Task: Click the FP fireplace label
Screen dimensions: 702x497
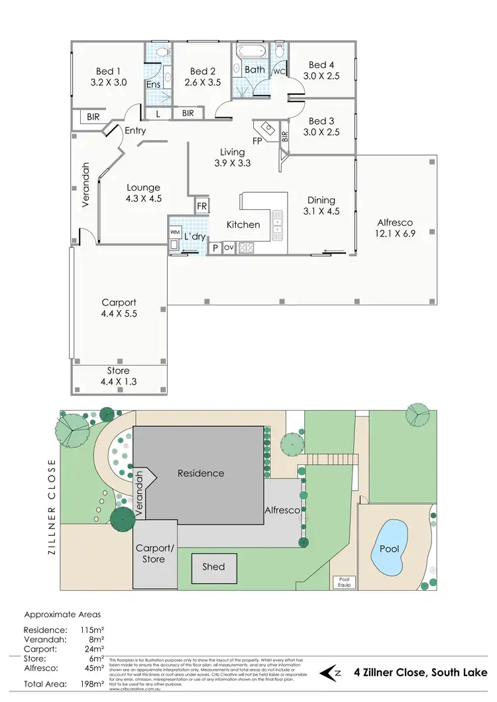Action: coord(257,140)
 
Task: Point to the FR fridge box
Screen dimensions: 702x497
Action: coord(202,207)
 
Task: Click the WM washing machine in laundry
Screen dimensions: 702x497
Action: coord(175,232)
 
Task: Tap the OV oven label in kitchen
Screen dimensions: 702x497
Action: coord(229,248)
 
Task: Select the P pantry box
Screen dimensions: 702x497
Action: coord(215,248)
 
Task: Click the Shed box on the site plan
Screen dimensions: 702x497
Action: coord(213,566)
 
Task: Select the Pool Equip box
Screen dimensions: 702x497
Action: coord(345,581)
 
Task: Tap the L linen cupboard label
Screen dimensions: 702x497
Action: coord(158,114)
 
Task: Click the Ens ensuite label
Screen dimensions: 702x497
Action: coord(153,84)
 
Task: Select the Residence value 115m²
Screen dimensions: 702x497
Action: coord(92,630)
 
